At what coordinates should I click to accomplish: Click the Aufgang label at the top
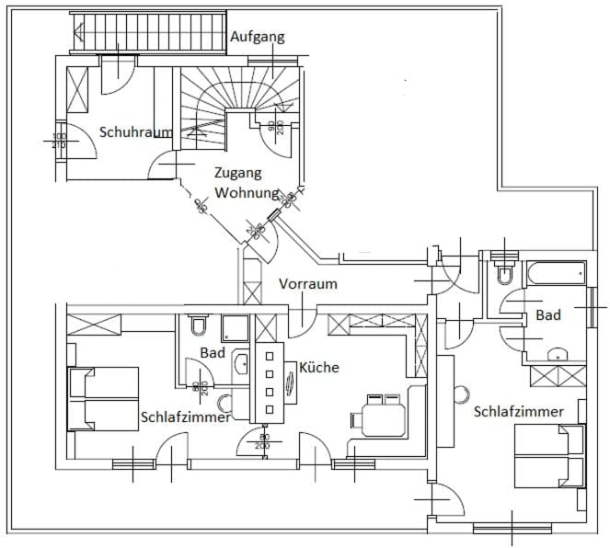point(257,38)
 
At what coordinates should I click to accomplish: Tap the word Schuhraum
point(135,132)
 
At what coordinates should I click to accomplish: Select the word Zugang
point(237,172)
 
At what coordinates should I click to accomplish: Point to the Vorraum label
point(307,284)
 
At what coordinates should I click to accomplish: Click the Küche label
point(318,367)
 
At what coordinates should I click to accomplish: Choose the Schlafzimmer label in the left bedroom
point(185,417)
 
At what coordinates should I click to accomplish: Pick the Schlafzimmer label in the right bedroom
point(518,412)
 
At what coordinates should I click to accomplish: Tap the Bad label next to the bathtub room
point(548,315)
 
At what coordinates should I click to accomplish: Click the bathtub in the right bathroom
point(555,274)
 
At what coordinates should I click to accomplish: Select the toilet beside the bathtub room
point(503,274)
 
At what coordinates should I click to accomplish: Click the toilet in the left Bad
point(198,326)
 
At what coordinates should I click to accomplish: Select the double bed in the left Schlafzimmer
point(103,398)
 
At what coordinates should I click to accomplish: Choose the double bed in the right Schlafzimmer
point(548,457)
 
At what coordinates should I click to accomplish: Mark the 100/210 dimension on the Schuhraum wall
point(59,141)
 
